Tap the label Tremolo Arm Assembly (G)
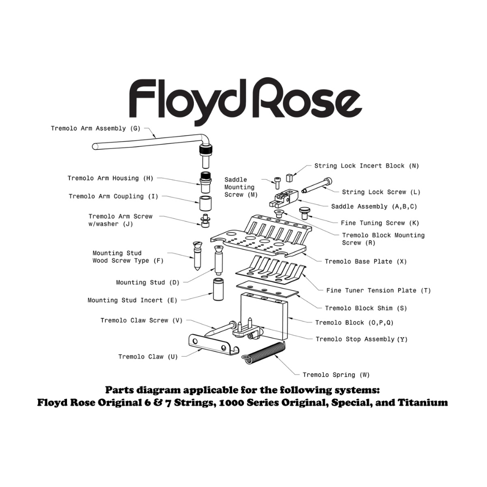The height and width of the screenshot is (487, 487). (x=95, y=128)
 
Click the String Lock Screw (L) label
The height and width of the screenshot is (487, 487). (x=381, y=192)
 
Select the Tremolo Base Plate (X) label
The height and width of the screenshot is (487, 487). (x=366, y=262)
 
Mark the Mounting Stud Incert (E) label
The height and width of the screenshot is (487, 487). (x=132, y=300)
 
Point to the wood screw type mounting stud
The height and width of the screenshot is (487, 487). (x=197, y=255)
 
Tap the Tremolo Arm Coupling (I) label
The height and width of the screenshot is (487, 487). (x=113, y=196)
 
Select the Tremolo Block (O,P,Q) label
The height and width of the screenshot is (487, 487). (x=354, y=322)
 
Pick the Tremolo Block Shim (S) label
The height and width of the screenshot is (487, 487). (x=366, y=308)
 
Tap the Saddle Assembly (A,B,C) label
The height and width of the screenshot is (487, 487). (x=374, y=207)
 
